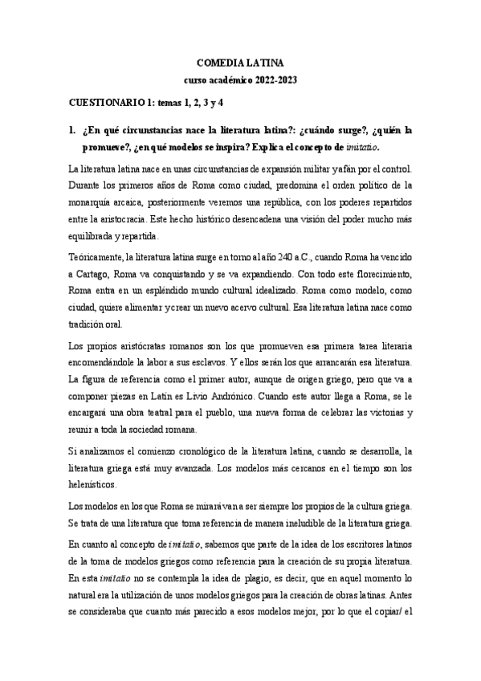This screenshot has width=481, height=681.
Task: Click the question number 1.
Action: tap(71, 129)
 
